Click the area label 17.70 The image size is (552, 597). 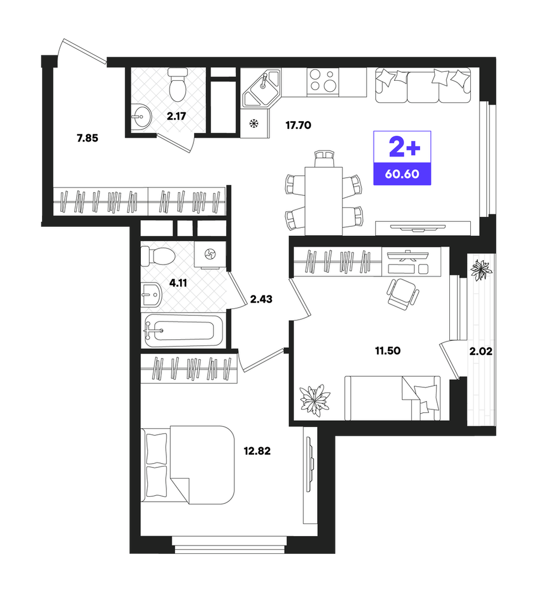pos(298,125)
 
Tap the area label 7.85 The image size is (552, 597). pos(87,138)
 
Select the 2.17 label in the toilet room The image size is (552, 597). pos(176,116)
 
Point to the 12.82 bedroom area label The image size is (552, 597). pos(257,451)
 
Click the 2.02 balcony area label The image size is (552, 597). pos(481,351)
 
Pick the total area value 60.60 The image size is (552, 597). pos(402,174)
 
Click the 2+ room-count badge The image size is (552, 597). pos(404,147)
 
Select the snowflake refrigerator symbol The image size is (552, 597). pos(254,123)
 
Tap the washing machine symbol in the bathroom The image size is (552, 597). pos(210,253)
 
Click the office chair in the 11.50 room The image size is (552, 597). pos(402,292)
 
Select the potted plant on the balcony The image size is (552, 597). pos(481,269)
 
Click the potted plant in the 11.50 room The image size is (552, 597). pos(314,400)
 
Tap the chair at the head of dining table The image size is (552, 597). pos(324,159)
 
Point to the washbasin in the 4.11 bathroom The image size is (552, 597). pos(151,295)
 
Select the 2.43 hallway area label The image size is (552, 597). pos(261,299)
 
